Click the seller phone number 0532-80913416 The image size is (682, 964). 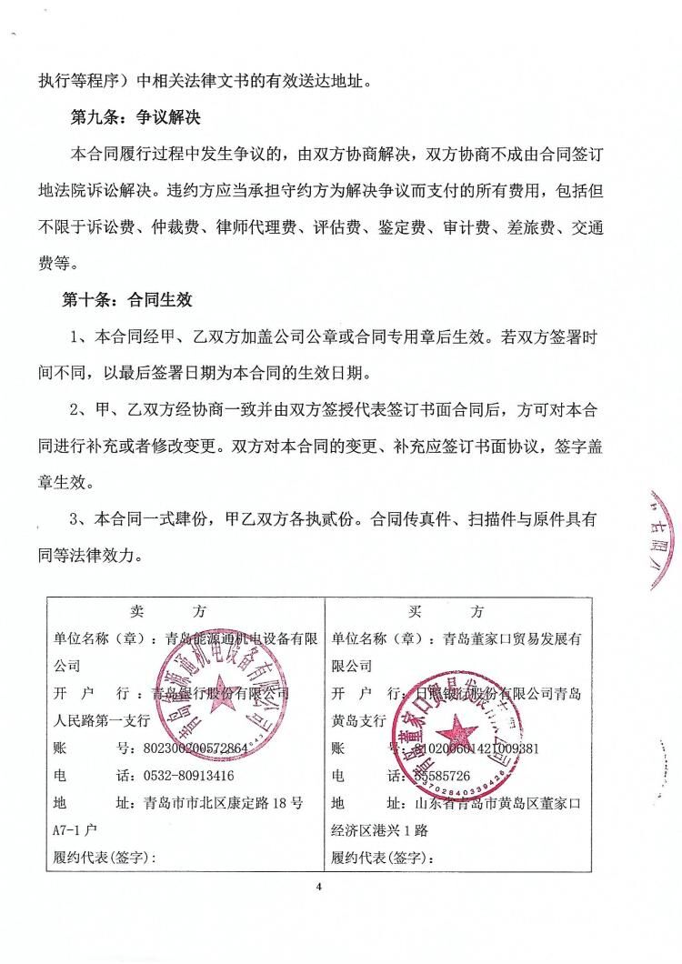pos(189,776)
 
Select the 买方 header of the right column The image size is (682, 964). pos(458,610)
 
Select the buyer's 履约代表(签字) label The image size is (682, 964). pos(383,858)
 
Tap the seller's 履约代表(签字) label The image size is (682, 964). pos(105,858)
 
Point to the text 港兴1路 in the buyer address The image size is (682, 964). pos(432,830)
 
